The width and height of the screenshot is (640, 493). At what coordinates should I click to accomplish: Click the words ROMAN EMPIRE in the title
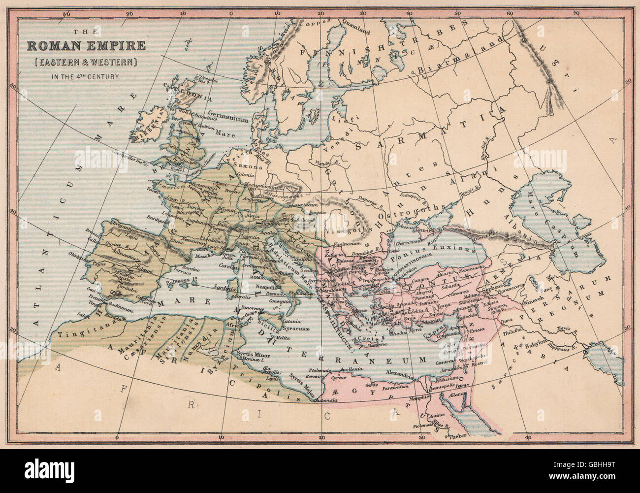coord(86,47)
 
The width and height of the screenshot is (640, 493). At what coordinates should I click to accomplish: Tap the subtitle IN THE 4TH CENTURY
coord(86,76)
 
